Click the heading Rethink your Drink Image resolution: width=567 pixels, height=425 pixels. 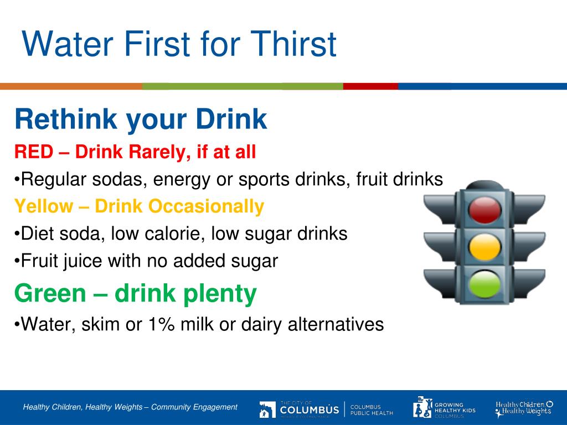[141, 120]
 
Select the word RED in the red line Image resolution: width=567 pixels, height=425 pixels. [32, 152]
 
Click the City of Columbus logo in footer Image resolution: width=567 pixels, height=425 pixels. [299, 409]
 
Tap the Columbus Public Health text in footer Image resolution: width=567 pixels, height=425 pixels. [372, 410]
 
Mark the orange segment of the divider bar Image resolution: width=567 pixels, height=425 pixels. [71, 86]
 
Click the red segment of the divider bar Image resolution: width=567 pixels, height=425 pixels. [370, 86]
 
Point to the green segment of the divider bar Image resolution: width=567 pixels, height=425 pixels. [243, 86]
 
